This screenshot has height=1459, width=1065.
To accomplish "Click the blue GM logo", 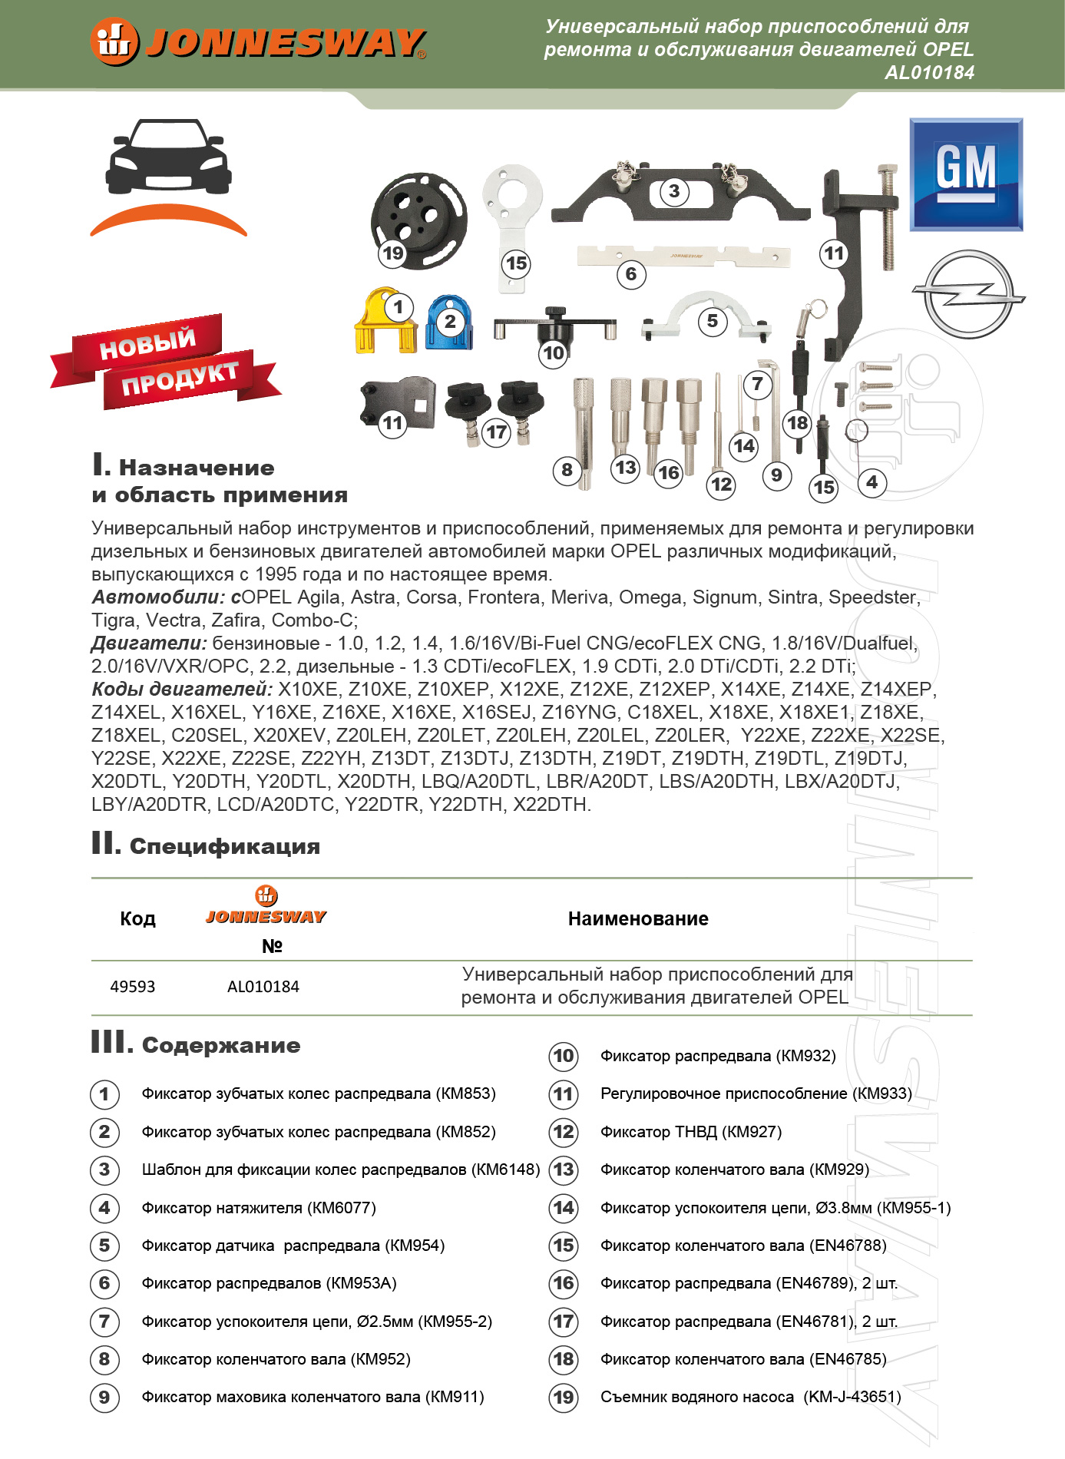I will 966,174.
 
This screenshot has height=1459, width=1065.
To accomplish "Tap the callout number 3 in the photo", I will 673,191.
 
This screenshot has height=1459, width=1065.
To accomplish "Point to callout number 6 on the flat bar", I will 630,274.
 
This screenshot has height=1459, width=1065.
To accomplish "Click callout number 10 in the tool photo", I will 553,352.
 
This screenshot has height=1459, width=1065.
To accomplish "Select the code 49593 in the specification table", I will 132,987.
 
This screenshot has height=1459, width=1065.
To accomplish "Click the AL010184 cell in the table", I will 263,987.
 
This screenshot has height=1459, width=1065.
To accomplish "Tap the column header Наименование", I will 637,919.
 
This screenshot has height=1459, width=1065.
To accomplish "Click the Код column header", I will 137,919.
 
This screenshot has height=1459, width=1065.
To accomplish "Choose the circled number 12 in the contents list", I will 564,1132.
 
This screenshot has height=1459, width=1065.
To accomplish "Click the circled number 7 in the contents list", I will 104,1322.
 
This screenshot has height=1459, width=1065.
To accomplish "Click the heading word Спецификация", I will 224,846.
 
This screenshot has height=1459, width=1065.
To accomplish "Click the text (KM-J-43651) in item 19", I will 852,1397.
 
